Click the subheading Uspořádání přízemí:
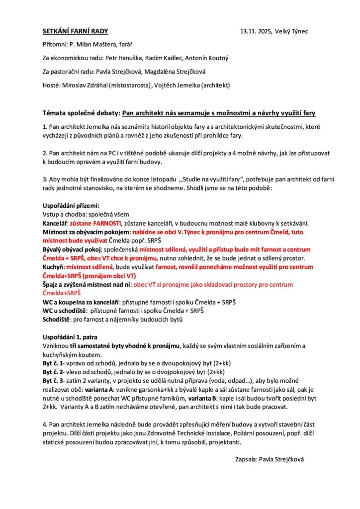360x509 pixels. point(71,205)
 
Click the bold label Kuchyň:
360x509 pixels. point(54,266)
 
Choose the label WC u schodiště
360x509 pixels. point(66,310)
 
